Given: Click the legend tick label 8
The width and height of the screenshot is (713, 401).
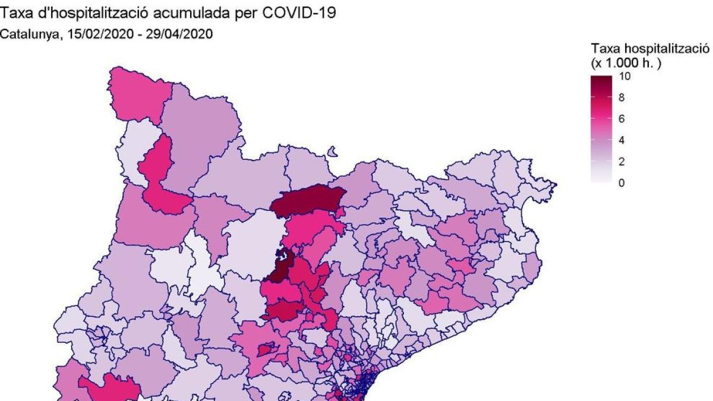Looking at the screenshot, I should [x=622, y=98].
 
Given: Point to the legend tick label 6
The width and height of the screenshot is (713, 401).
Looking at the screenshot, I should [x=622, y=119].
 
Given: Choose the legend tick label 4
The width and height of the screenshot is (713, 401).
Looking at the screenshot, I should [x=622, y=141].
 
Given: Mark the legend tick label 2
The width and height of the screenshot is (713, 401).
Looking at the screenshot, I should [x=622, y=162].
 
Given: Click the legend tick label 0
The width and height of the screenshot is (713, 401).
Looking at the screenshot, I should [x=622, y=183].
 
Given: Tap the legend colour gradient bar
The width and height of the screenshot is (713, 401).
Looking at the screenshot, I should [x=601, y=129].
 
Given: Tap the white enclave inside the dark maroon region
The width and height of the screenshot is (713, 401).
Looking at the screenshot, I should [x=284, y=256].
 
